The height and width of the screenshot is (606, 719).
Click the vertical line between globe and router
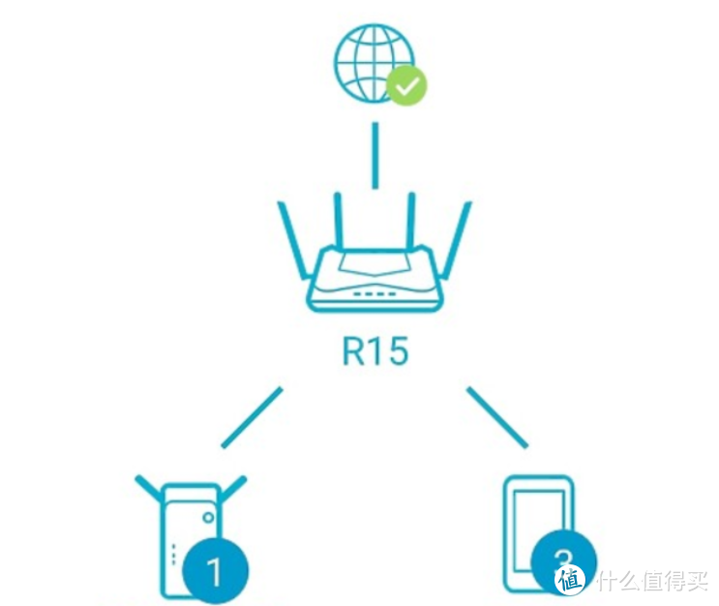[x=374, y=155]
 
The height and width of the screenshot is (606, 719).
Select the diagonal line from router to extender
[x=252, y=418]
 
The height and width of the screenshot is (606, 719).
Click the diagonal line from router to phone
[x=497, y=418]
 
